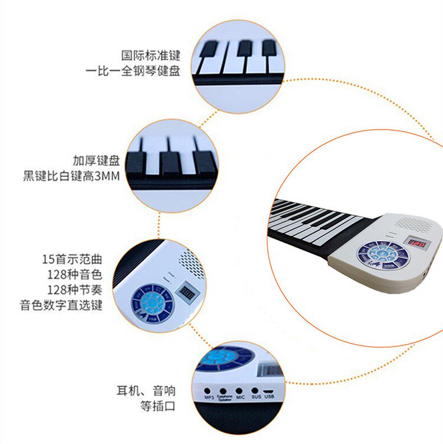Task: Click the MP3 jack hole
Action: (207, 391)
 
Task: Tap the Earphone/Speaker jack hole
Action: (223, 391)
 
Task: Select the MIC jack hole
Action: (239, 391)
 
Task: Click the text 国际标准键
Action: (151, 56)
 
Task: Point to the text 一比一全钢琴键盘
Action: (133, 71)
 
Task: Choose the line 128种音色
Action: (77, 275)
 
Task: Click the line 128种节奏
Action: (77, 290)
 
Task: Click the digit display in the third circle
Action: (187, 293)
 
